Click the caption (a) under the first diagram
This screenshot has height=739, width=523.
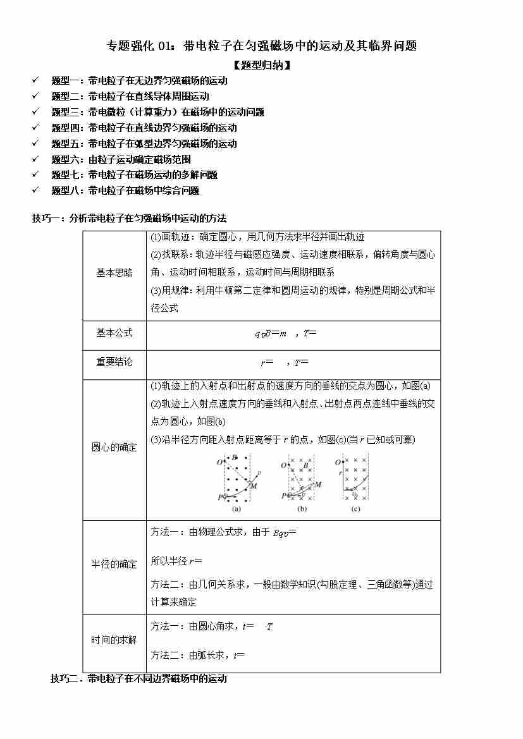coord(236,509)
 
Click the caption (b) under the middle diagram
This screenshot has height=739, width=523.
coord(302,509)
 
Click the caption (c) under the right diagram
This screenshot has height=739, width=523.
coord(355,509)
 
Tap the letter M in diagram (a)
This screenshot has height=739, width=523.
coord(254,486)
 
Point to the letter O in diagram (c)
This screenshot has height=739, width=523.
coord(338,463)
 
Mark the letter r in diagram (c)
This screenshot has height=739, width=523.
coord(340,473)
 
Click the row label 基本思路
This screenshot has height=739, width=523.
coord(114,273)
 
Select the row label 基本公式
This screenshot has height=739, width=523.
coord(114,333)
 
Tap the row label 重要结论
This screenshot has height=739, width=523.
coord(114,362)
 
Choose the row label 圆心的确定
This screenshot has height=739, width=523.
coord(114,447)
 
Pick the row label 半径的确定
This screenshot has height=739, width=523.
coord(114,564)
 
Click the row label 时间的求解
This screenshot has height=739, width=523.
coord(114,640)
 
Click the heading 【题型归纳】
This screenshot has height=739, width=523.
coord(261,64)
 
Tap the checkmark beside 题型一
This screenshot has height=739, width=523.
coord(35,80)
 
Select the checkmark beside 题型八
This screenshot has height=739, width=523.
coord(35,190)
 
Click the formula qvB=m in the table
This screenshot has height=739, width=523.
coord(270,333)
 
